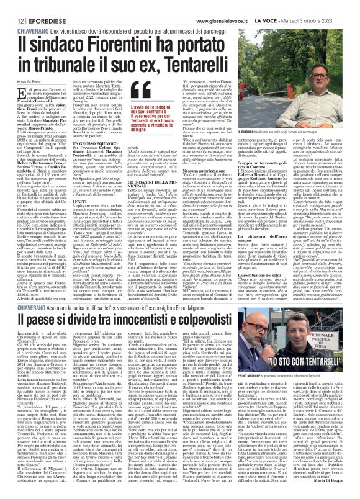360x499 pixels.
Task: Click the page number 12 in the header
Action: tap(12, 5)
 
